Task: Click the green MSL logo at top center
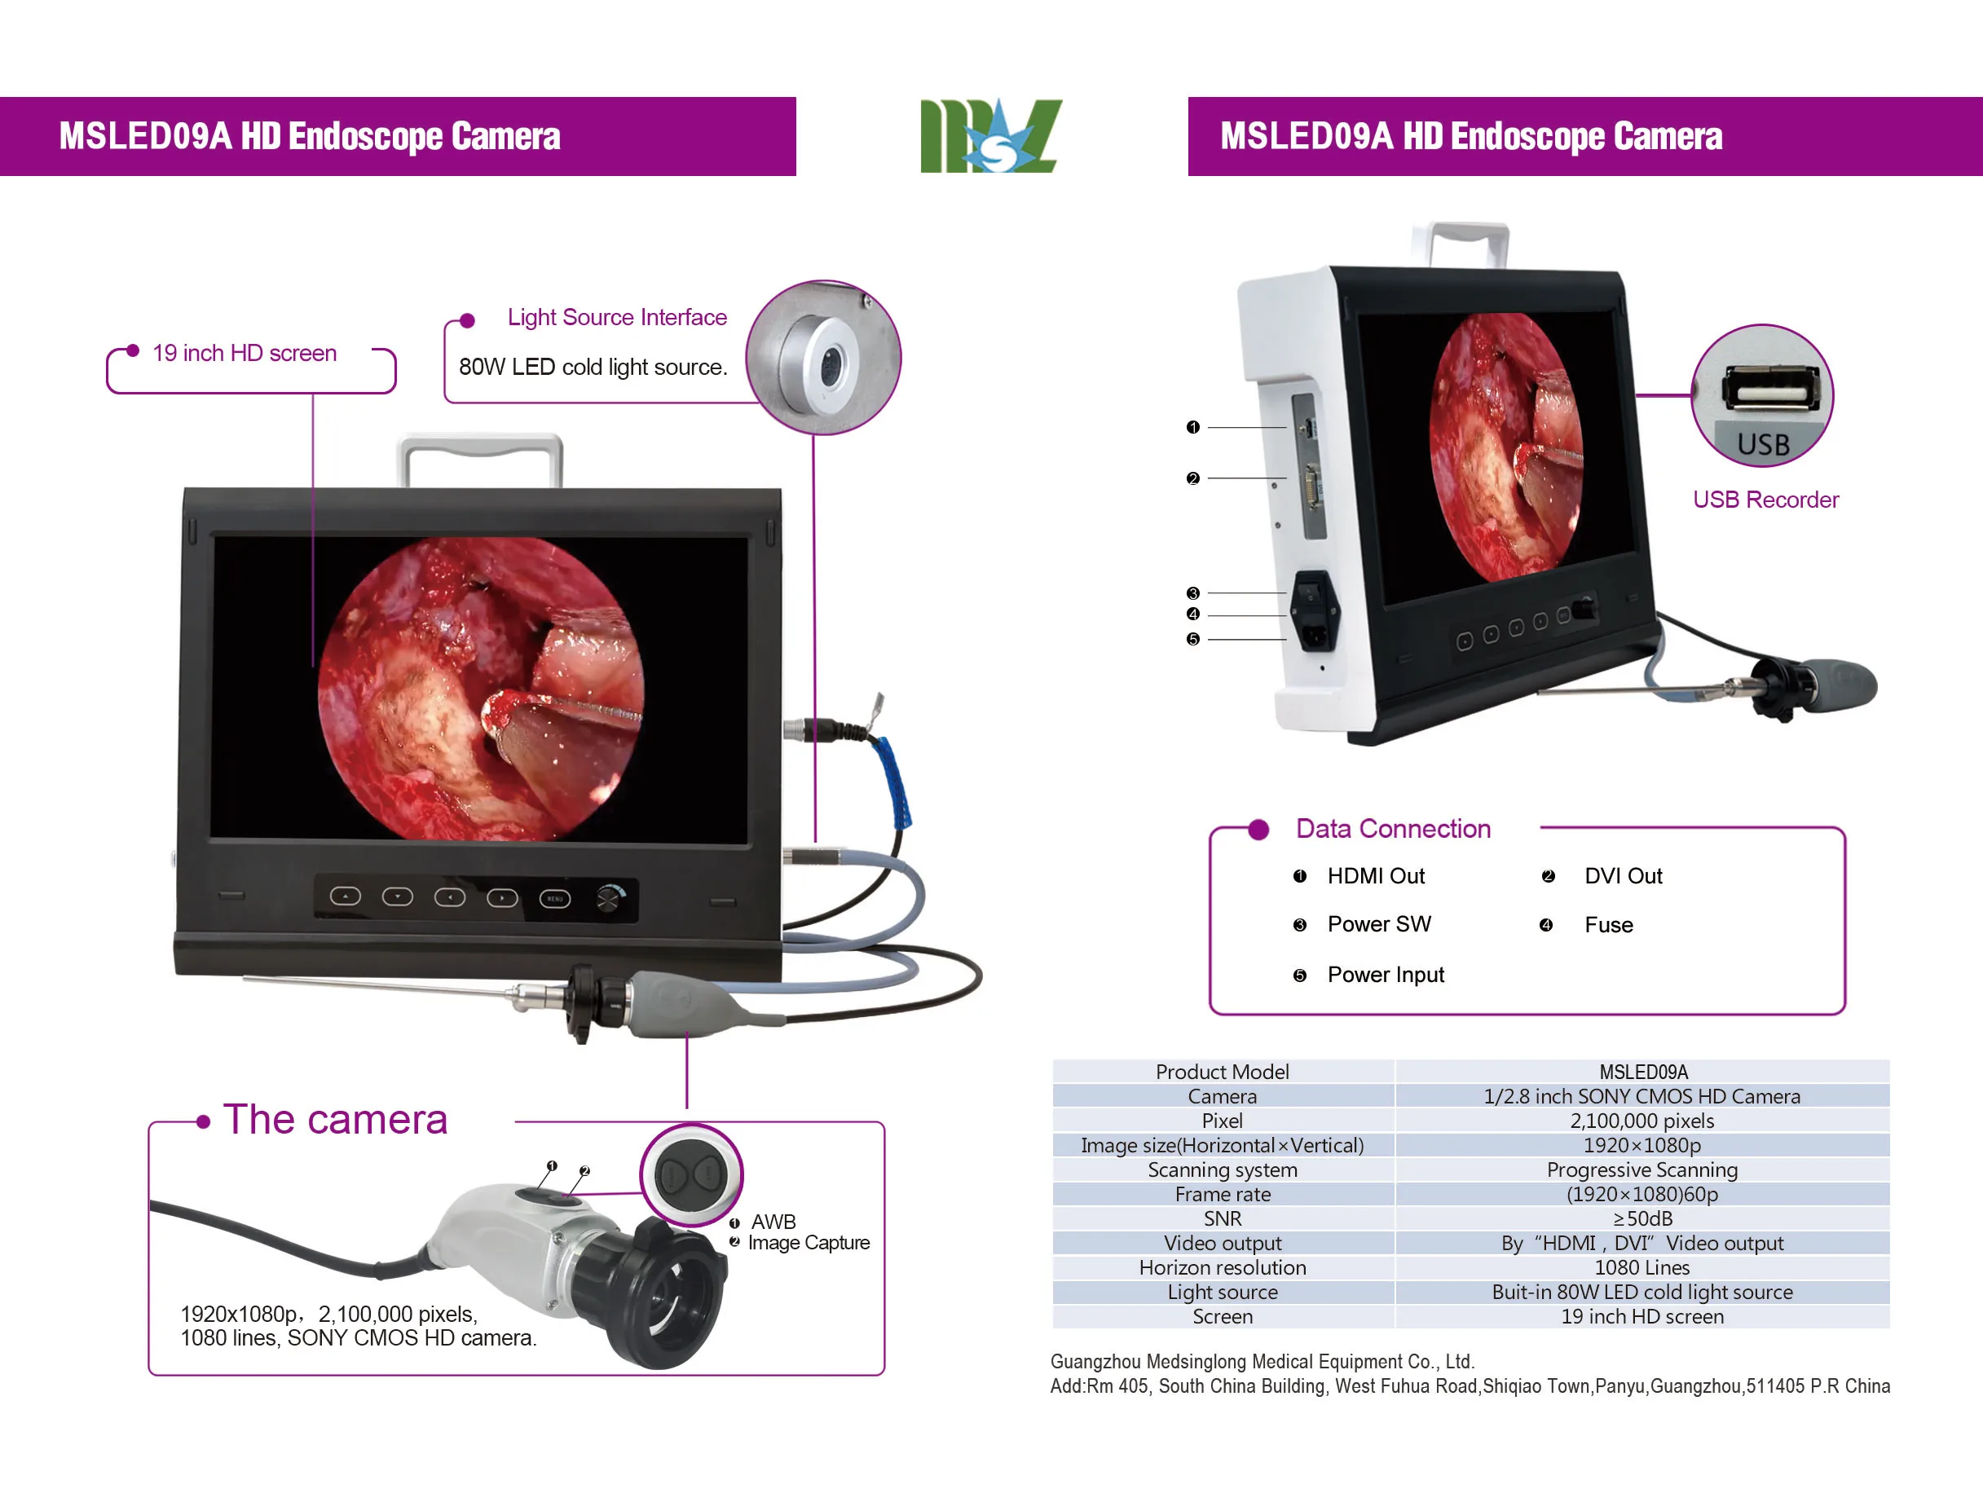point(990,136)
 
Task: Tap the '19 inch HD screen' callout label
point(244,353)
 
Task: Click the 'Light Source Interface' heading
point(617,317)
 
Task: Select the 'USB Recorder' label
point(1765,500)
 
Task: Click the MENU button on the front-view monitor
point(555,898)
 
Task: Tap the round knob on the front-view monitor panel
point(610,898)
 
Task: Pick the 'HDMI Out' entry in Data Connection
point(1375,876)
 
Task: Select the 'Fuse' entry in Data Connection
point(1608,926)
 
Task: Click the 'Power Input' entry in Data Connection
point(1385,975)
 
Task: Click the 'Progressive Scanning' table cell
point(1641,1170)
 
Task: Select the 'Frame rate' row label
point(1222,1195)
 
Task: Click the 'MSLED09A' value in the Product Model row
point(1642,1073)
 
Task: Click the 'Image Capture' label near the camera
point(809,1243)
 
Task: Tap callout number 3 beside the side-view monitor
point(1192,593)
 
